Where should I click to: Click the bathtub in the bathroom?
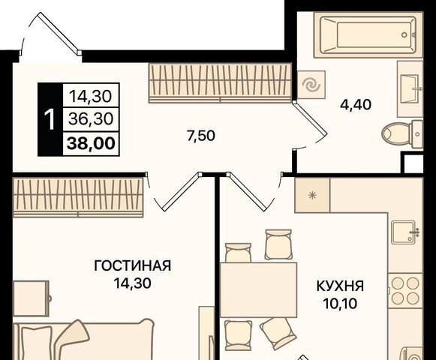pos(368,34)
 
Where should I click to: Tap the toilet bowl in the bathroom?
pos(402,134)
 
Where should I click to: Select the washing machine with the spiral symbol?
pos(311,85)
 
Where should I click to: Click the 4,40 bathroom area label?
pos(356,105)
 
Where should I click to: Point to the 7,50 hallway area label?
pos(201,136)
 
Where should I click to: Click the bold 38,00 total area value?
pos(92,143)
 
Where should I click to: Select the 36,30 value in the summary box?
pos(92,119)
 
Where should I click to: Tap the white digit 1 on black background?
pos(50,119)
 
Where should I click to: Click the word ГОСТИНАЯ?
pos(132,265)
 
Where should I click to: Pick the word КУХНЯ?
pos(341,286)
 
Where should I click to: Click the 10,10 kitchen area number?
pos(340,304)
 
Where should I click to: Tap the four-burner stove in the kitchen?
pos(405,290)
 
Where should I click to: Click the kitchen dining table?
pos(258,289)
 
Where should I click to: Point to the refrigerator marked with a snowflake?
pos(312,195)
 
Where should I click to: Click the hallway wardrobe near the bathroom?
pos(220,82)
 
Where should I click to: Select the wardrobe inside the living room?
pos(78,197)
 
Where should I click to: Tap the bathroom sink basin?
pos(410,89)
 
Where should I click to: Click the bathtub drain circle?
pos(404,35)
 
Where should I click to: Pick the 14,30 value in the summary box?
pos(91,96)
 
